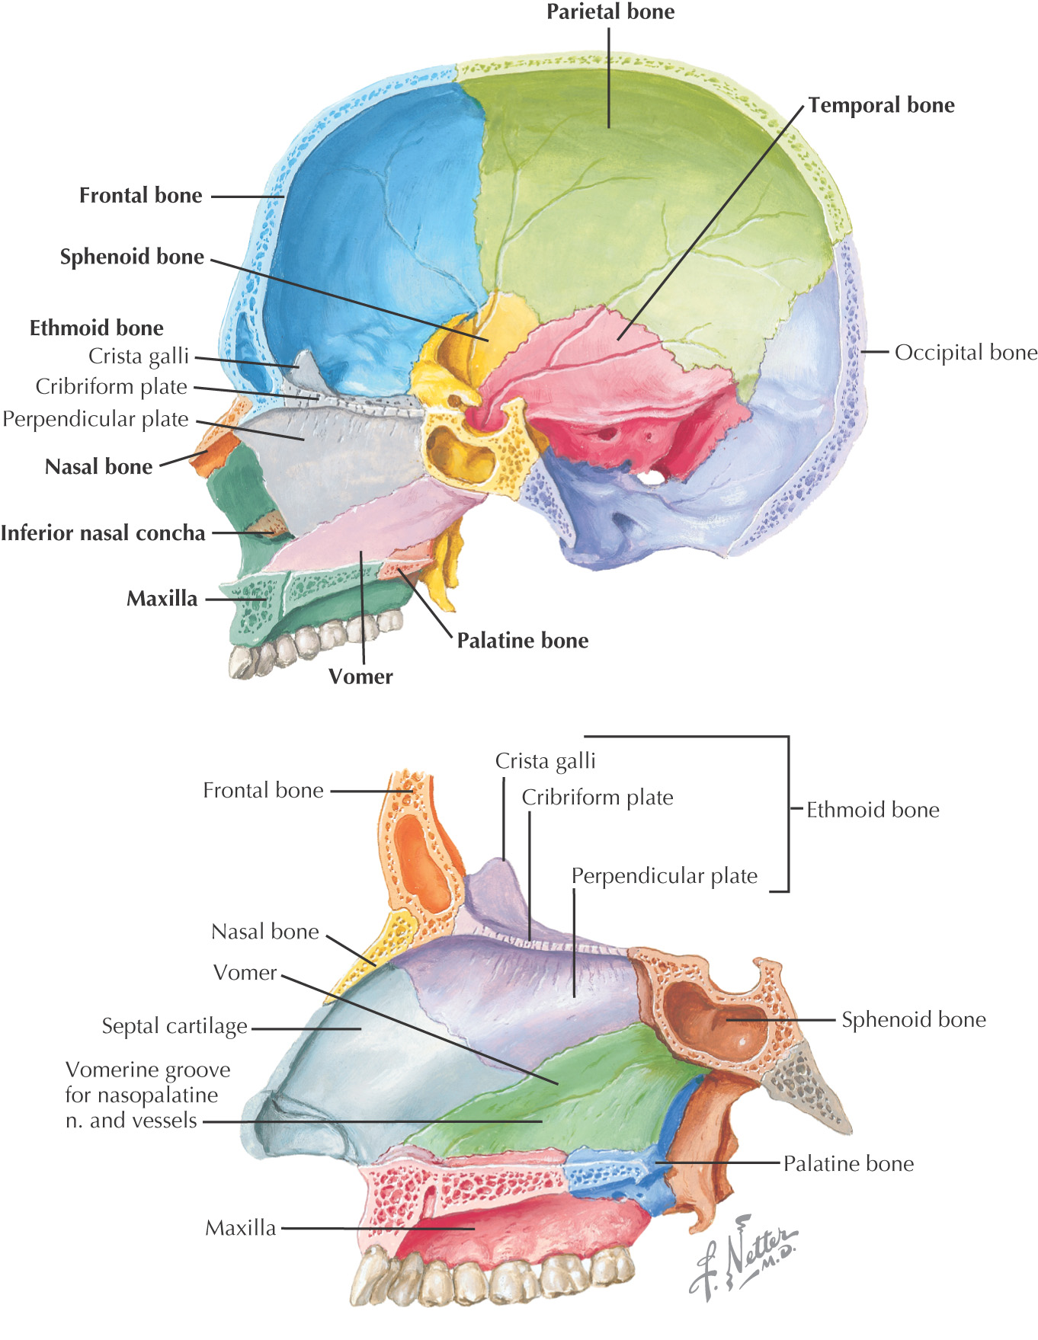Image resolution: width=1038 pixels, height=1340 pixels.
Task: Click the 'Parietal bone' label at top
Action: (610, 12)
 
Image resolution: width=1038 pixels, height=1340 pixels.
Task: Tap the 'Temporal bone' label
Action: (881, 105)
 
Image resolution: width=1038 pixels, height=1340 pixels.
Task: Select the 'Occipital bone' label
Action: (966, 353)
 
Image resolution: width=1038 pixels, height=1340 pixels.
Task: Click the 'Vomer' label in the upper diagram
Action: (360, 676)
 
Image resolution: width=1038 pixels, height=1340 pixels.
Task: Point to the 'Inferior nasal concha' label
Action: (103, 533)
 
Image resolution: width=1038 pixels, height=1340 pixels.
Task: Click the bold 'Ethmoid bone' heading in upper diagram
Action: (97, 328)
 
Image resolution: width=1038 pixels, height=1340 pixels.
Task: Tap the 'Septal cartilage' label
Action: (175, 1027)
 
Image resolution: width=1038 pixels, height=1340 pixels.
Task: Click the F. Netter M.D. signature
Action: (743, 1256)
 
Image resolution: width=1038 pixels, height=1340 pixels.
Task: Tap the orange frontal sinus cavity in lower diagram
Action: (418, 861)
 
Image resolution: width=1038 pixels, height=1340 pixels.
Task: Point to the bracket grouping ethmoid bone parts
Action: (787, 811)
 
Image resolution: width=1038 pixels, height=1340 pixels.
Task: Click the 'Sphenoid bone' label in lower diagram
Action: (913, 1020)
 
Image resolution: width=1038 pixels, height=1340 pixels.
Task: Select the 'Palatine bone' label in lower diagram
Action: (848, 1164)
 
